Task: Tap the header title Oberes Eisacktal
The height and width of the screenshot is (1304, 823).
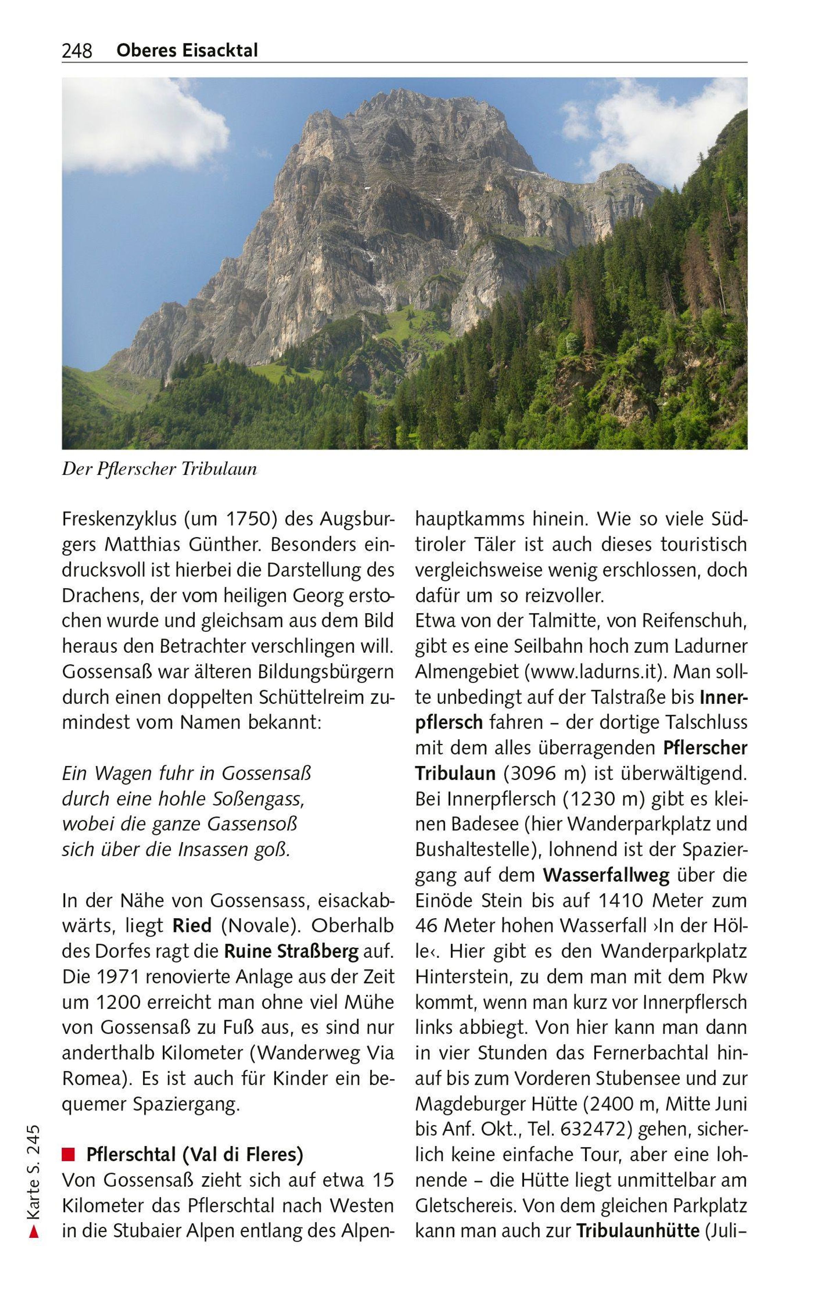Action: click(187, 50)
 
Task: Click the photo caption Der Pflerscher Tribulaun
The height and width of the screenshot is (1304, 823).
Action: click(159, 469)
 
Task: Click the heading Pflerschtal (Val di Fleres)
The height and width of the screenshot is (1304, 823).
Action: click(194, 1154)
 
